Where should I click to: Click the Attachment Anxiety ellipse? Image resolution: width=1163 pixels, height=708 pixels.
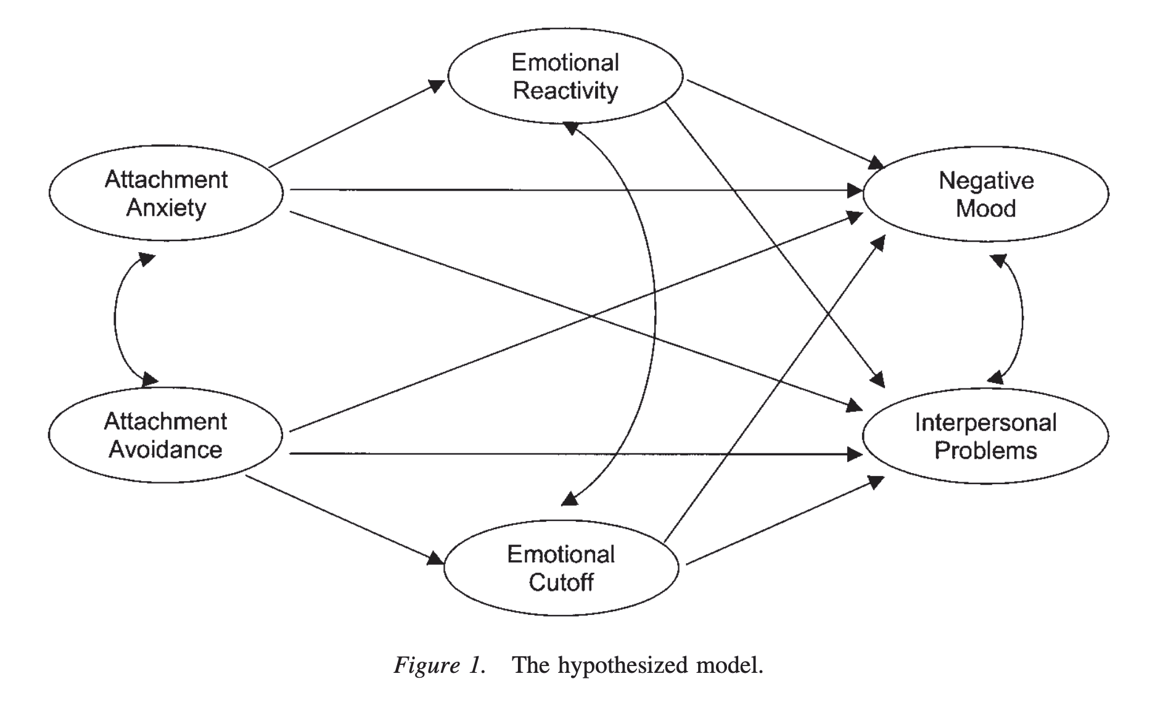click(166, 193)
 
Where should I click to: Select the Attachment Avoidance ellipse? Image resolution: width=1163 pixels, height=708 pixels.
click(165, 435)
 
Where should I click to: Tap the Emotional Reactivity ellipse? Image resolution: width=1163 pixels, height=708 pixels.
click(565, 76)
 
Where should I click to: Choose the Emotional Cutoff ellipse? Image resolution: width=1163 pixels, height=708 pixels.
click(561, 568)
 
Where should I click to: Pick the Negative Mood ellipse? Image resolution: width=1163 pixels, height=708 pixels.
click(985, 194)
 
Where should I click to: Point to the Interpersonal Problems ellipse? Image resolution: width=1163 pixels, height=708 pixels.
click(985, 436)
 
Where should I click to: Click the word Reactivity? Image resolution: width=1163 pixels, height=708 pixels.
click(565, 91)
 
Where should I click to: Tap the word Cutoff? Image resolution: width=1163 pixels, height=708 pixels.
click(561, 582)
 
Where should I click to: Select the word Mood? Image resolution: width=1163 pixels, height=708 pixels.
click(985, 208)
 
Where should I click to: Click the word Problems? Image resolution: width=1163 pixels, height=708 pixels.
click(985, 450)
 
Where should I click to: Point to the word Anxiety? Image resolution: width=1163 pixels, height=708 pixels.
click(166, 208)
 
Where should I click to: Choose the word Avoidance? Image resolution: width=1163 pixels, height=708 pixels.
click(165, 450)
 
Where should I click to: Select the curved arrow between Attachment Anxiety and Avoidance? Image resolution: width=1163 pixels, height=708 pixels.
click(115, 319)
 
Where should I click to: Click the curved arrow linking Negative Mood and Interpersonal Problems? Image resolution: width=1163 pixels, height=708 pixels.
click(1021, 319)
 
